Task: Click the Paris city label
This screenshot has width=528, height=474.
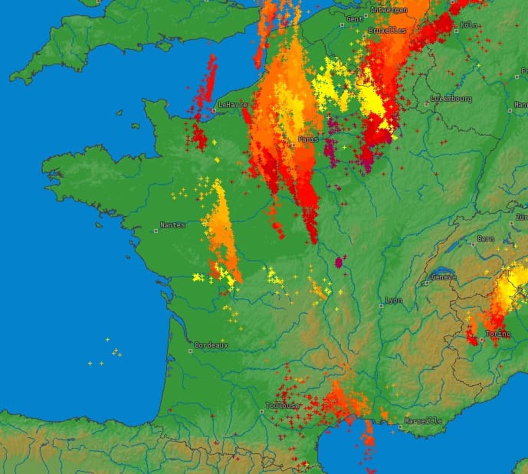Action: (x=308, y=139)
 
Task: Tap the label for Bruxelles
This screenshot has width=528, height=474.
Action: (x=387, y=30)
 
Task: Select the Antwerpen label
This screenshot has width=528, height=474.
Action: (x=389, y=10)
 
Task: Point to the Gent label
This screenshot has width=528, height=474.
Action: (x=355, y=18)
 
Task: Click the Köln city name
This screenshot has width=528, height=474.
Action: (x=469, y=25)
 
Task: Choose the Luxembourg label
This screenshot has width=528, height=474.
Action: (x=451, y=99)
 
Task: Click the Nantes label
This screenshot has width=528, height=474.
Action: (x=172, y=225)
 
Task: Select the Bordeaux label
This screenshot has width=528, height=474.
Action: (x=212, y=345)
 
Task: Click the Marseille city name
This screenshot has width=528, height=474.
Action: (x=423, y=420)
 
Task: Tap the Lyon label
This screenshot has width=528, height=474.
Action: (x=394, y=300)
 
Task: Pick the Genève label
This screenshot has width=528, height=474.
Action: (x=444, y=277)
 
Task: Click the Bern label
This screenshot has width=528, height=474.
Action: (x=486, y=239)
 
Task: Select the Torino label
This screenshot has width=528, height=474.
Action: (x=498, y=334)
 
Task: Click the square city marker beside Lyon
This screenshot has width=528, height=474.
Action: (x=380, y=301)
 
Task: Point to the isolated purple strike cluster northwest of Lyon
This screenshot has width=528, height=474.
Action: (x=339, y=263)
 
